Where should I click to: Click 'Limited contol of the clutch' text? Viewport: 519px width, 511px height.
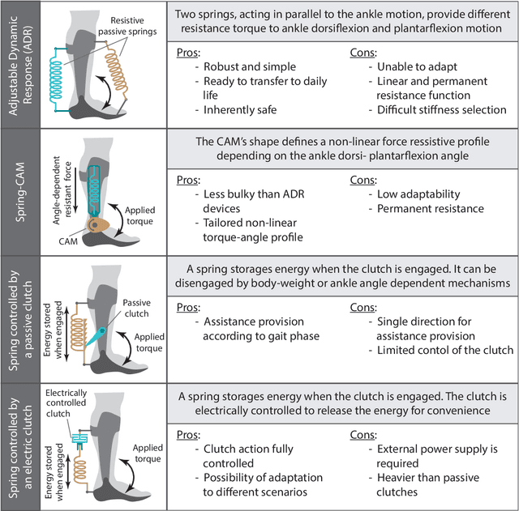(x=446, y=349)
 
